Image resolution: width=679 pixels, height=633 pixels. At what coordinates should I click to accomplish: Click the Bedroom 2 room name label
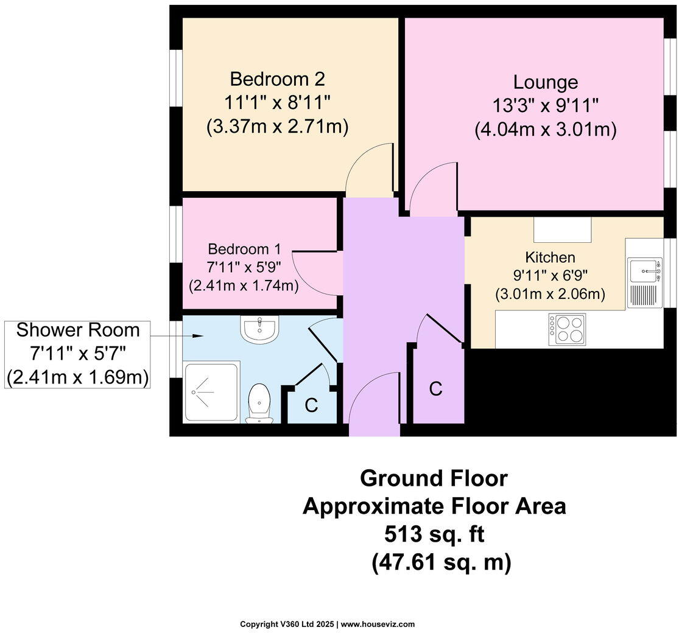(277, 79)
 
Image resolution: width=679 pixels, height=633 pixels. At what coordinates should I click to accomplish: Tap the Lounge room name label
(545, 82)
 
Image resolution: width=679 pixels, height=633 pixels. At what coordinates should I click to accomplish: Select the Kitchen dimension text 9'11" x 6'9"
(550, 276)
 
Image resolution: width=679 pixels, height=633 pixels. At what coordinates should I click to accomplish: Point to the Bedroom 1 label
(244, 249)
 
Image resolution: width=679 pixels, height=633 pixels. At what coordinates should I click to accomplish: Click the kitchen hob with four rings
(566, 329)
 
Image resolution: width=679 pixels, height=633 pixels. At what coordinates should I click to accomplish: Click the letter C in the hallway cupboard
(435, 389)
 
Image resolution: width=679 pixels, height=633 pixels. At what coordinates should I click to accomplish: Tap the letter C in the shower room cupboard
(311, 406)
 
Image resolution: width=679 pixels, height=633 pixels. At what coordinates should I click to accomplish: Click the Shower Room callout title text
(78, 330)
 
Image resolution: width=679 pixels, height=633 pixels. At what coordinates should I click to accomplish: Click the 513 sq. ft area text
(434, 534)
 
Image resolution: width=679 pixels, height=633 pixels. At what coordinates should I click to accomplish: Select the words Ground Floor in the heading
(434, 478)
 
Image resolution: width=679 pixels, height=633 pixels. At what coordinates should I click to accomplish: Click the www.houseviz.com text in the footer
(378, 624)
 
